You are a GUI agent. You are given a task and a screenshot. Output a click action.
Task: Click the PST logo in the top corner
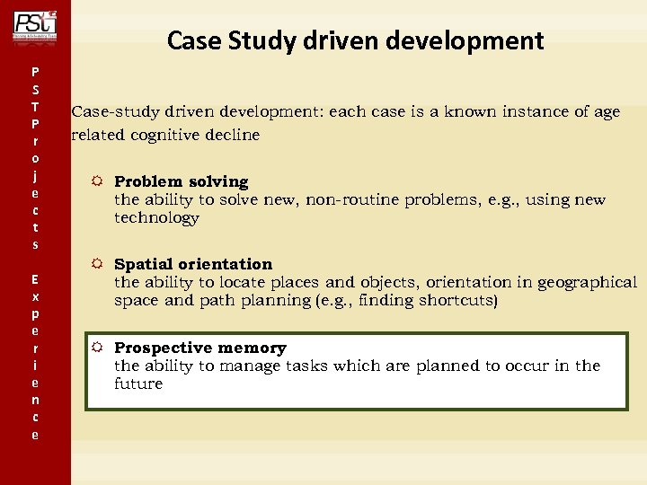tap(34, 24)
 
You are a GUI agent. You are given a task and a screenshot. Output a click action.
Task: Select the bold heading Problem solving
tap(181, 181)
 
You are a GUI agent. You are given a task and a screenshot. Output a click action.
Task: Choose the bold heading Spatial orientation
tap(192, 264)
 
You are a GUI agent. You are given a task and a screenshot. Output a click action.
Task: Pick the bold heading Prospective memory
tap(199, 348)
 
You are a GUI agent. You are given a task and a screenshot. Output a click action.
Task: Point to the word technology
tap(156, 218)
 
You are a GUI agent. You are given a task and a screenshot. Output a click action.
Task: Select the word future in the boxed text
tap(138, 384)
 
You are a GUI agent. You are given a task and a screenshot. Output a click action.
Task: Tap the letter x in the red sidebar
tap(34, 296)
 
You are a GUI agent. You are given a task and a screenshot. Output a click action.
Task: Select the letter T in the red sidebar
tap(34, 107)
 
